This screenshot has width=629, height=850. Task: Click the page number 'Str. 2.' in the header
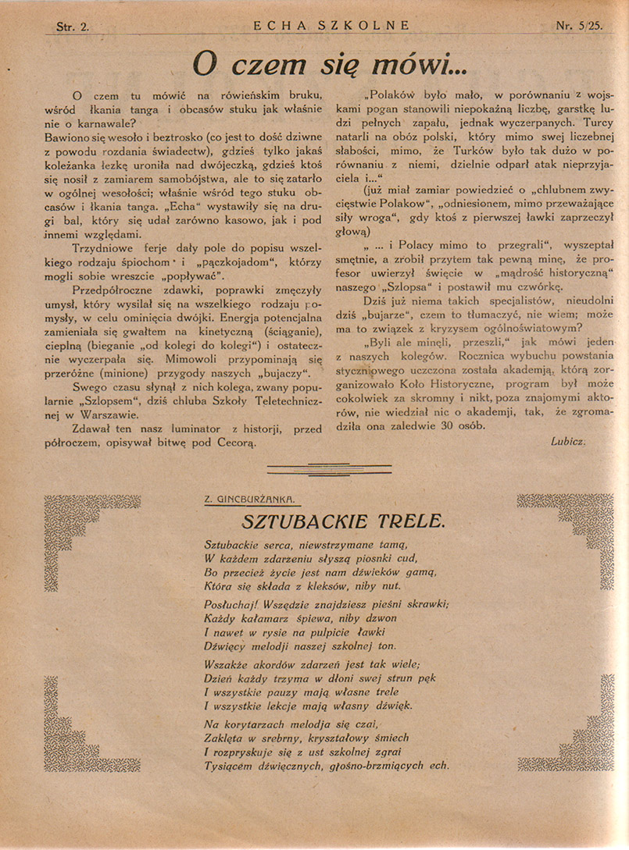73,25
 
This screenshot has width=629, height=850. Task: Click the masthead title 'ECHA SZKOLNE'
331,25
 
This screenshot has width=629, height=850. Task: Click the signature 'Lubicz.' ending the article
568,441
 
